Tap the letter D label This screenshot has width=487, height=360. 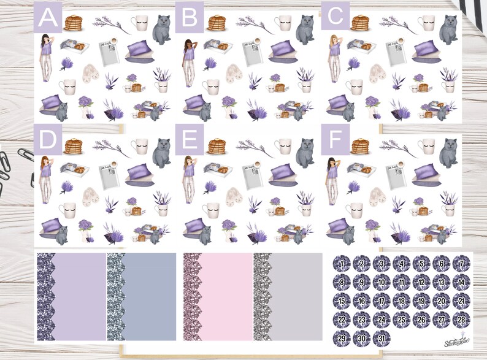47,140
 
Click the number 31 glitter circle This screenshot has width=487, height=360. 382,338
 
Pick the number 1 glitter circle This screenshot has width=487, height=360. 342,264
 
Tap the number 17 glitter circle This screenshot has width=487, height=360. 382,301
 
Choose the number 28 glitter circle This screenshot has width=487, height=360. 461,320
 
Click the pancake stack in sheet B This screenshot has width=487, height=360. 217,23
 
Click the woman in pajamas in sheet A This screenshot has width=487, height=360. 45,57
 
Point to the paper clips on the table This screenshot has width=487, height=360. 12,166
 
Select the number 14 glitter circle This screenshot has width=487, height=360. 461,283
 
